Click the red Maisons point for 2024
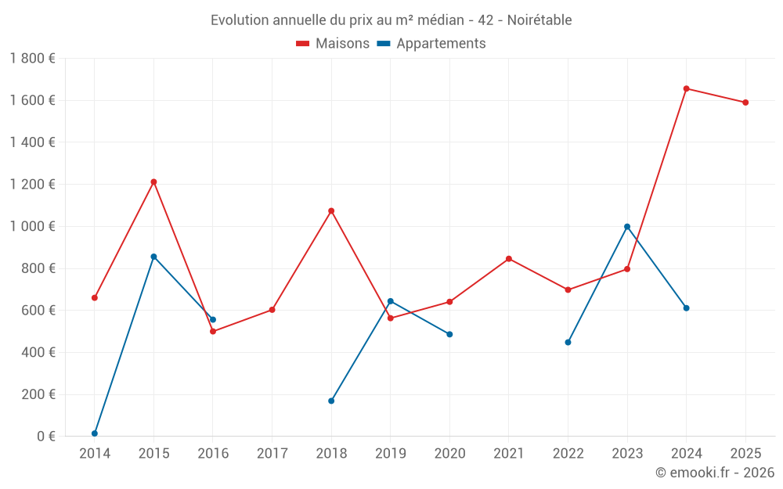(x=687, y=88)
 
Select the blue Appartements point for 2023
(x=627, y=227)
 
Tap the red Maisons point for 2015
(x=153, y=182)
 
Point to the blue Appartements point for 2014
(x=95, y=433)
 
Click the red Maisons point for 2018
(x=331, y=210)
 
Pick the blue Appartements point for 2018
(x=331, y=401)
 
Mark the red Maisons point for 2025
(x=745, y=102)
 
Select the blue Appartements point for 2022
(x=568, y=342)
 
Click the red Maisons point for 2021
(x=509, y=258)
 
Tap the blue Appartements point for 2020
(x=449, y=334)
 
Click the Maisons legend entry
(x=333, y=44)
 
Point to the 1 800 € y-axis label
(x=32, y=59)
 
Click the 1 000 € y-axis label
(x=32, y=226)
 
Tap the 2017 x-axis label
(x=272, y=454)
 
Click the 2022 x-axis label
(x=568, y=454)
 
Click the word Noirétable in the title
(x=539, y=20)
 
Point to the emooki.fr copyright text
(x=715, y=473)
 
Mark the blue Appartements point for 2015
(x=153, y=257)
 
